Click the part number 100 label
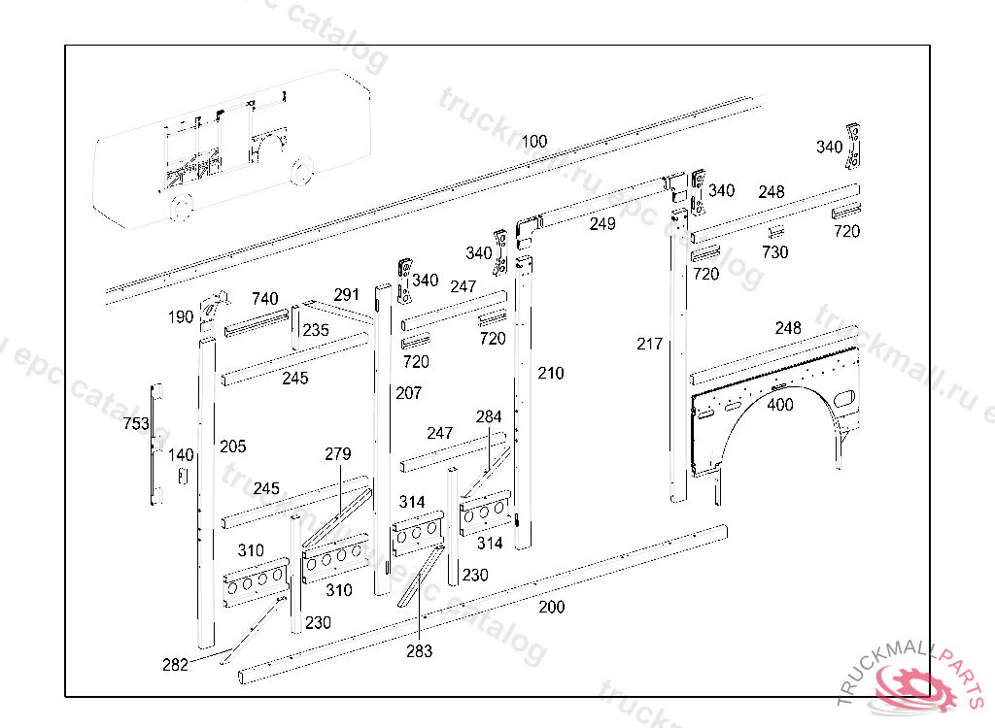pyautogui.click(x=534, y=142)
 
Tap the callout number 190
pyautogui.click(x=181, y=317)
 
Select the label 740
pyautogui.click(x=265, y=299)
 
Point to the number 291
pyautogui.click(x=346, y=295)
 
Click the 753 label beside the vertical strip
pyautogui.click(x=136, y=424)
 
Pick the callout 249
pyautogui.click(x=602, y=225)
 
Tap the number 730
pyautogui.click(x=774, y=252)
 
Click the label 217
pyautogui.click(x=649, y=344)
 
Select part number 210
pyautogui.click(x=550, y=374)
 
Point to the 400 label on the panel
pyautogui.click(x=780, y=405)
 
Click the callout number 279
pyautogui.click(x=338, y=454)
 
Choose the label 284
pyautogui.click(x=489, y=417)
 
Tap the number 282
pyautogui.click(x=176, y=665)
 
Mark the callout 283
pyautogui.click(x=420, y=651)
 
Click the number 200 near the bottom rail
pyautogui.click(x=552, y=608)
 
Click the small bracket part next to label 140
pyautogui.click(x=181, y=476)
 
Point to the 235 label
pyautogui.click(x=316, y=330)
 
